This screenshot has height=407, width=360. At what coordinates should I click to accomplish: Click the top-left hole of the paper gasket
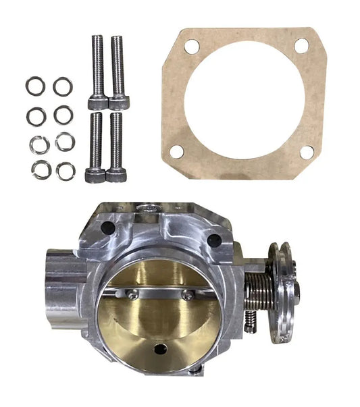click(x=192, y=47)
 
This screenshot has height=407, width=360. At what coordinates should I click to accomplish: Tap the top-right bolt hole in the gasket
click(x=301, y=45)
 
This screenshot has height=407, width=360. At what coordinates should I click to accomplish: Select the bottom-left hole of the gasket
click(x=177, y=151)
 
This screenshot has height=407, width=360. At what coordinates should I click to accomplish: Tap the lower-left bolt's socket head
click(x=95, y=175)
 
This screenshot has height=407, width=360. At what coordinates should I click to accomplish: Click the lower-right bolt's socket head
click(x=116, y=175)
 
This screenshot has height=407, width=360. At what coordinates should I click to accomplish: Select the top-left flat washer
click(x=35, y=86)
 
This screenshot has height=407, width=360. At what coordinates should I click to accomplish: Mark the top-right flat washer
click(x=63, y=86)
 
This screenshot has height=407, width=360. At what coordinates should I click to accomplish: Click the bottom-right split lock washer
click(x=66, y=171)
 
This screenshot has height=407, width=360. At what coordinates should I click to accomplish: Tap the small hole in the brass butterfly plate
click(x=161, y=349)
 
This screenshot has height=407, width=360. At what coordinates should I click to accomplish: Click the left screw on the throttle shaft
click(x=133, y=294)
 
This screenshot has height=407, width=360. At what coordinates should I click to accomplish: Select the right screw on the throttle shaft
click(x=187, y=295)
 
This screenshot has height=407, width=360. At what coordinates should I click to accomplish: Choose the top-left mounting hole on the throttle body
click(x=108, y=228)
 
